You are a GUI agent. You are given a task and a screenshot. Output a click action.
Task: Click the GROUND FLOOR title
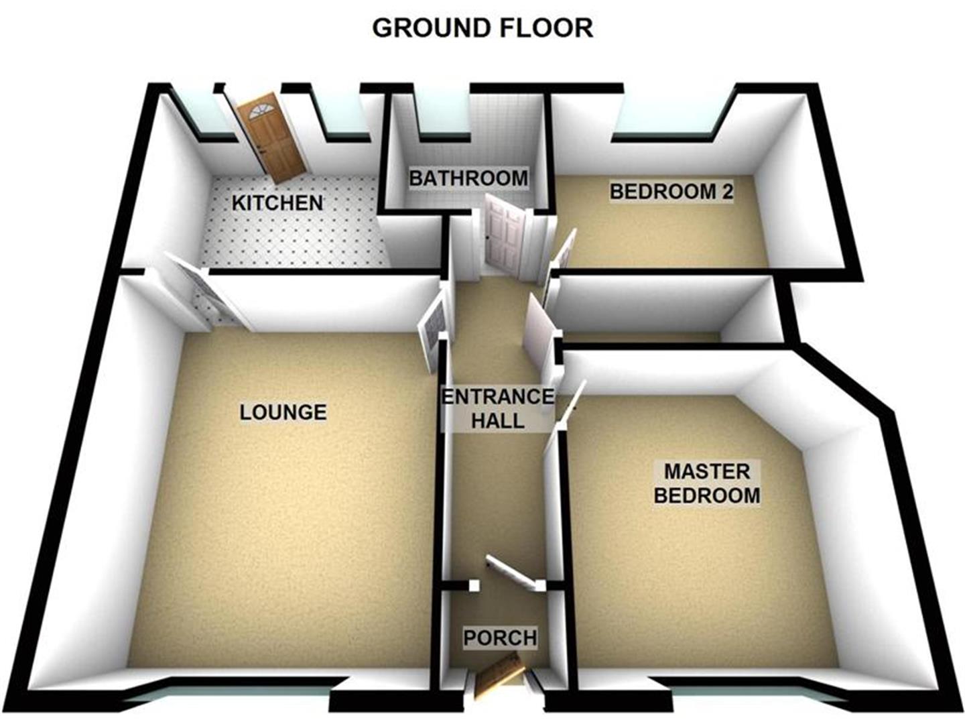[x=482, y=28]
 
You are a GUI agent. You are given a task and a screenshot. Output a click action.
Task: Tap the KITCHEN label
[x=277, y=202]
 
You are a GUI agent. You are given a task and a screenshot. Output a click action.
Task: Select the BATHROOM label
[x=468, y=178]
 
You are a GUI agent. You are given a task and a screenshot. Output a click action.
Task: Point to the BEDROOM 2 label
[x=671, y=192]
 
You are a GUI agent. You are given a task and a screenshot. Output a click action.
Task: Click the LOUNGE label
[x=283, y=412]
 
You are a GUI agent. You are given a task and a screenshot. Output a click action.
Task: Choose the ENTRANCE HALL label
[x=498, y=408]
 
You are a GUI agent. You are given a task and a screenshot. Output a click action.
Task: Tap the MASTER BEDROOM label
[x=707, y=483]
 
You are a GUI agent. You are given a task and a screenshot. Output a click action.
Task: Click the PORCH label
[x=500, y=638]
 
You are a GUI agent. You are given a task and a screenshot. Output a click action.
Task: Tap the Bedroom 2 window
[x=670, y=121]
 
